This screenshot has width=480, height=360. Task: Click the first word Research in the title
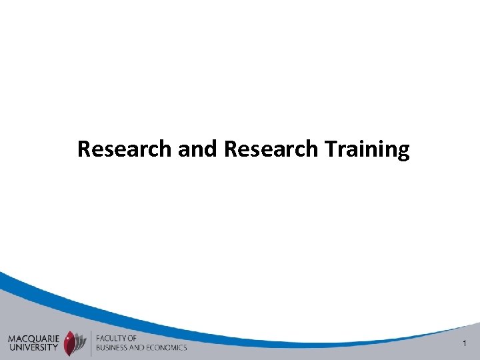(x=125, y=149)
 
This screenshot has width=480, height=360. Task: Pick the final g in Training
(x=403, y=153)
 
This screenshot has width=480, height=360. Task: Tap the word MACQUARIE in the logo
(x=33, y=339)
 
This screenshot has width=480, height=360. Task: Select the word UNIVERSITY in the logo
(x=33, y=347)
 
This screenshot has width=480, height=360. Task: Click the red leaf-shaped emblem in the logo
(x=69, y=343)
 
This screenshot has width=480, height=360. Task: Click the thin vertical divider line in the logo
(x=91, y=343)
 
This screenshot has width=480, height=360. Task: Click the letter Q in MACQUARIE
(x=29, y=339)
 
